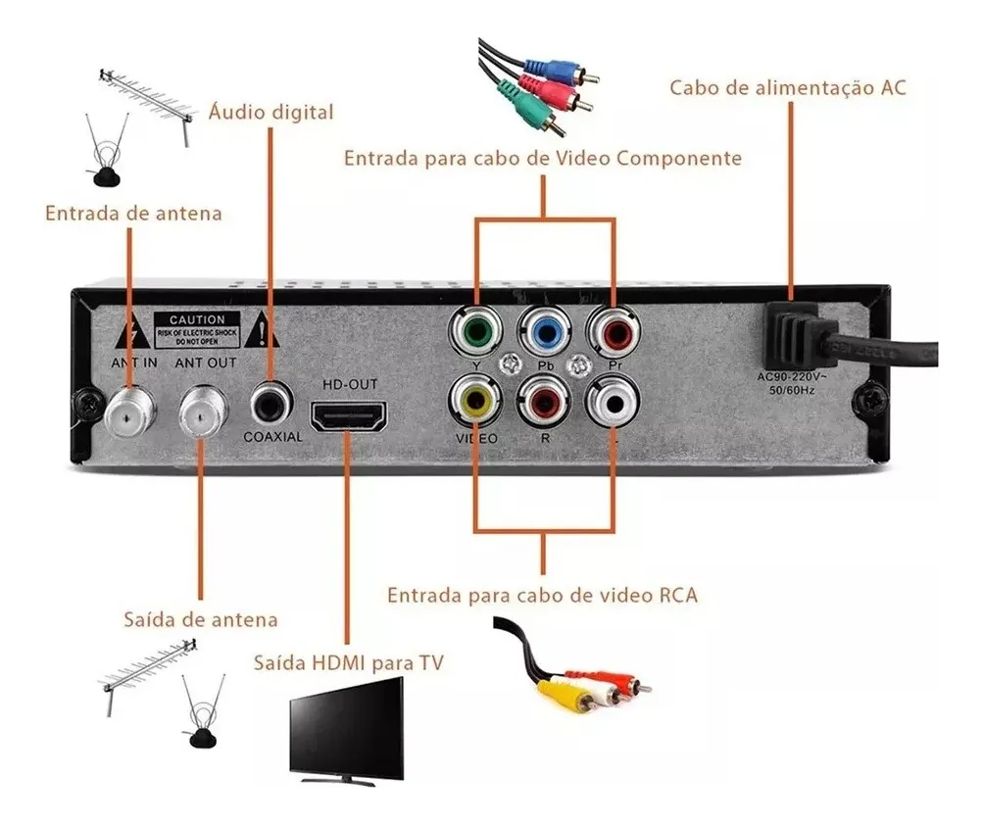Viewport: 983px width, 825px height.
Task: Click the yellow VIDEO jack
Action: tap(475, 401)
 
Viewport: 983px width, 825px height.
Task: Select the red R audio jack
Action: tap(545, 401)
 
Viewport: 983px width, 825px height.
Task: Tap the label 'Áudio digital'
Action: tap(271, 113)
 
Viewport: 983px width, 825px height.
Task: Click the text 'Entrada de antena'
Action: tap(133, 213)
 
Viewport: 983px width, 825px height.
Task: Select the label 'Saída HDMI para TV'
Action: tap(348, 663)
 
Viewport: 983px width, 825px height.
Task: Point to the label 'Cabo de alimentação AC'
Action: tap(788, 88)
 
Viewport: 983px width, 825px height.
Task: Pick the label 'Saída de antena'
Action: tap(201, 619)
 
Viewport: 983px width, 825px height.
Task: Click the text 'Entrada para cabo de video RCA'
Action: tap(542, 595)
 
